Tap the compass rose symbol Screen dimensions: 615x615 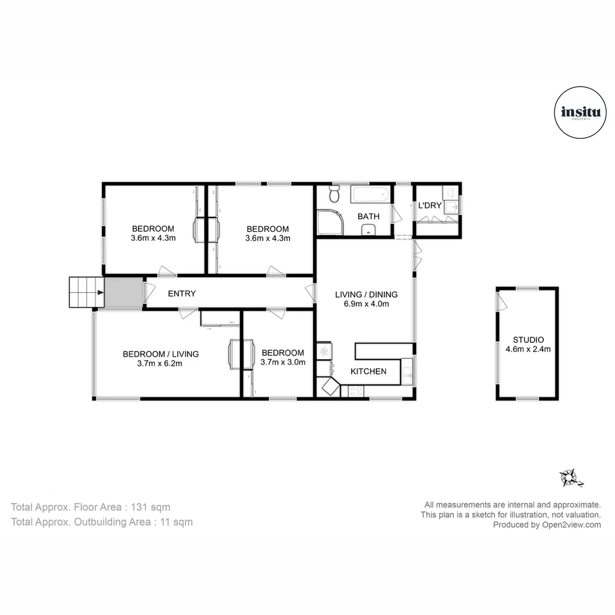coord(569,477)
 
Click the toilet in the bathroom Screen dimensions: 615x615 coord(335,195)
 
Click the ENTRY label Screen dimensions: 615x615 coord(182,294)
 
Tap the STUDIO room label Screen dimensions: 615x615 coord(528,340)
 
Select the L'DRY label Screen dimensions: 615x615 coord(430,205)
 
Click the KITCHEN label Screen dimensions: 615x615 coord(368,371)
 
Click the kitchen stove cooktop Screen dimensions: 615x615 coord(355,391)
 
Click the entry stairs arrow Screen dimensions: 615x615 coord(100,293)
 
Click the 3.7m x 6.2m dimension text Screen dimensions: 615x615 coord(161,364)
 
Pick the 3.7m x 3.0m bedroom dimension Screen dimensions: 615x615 coord(282,362)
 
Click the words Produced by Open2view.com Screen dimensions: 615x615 coord(547,525)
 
